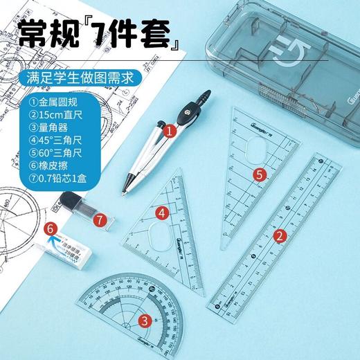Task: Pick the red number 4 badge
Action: [x=161, y=213]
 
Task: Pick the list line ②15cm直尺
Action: [x=51, y=112]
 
